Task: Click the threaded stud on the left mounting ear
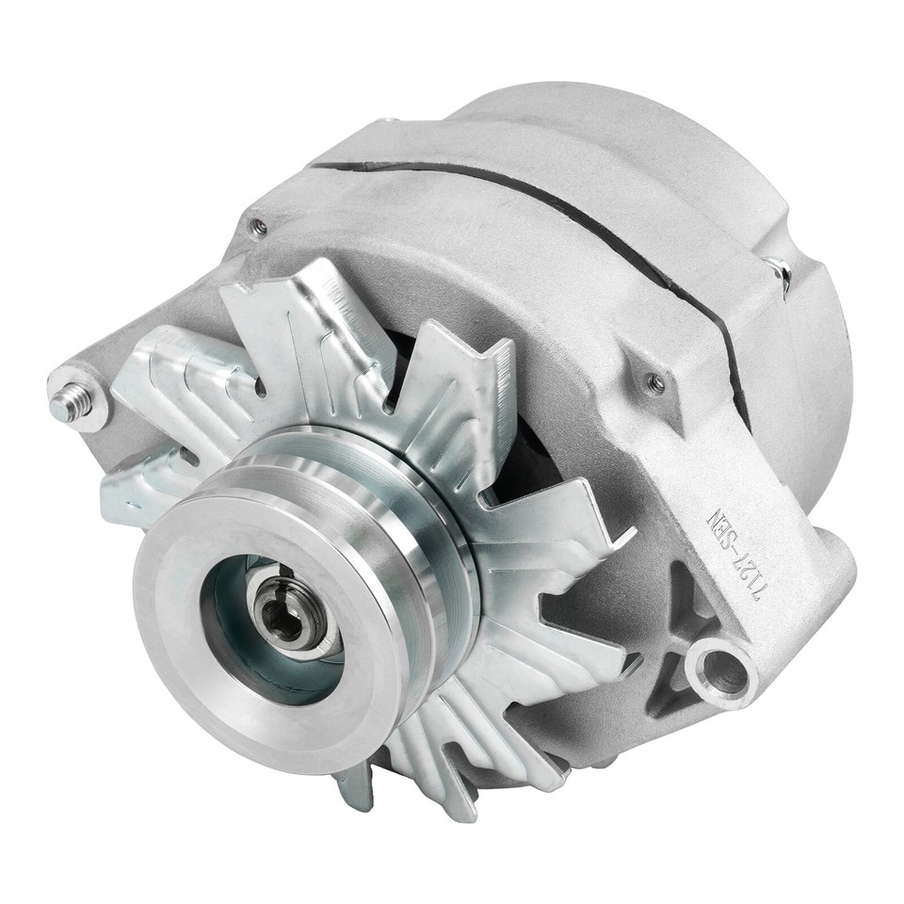[x=67, y=403]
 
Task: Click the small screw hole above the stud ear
[x=258, y=226]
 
